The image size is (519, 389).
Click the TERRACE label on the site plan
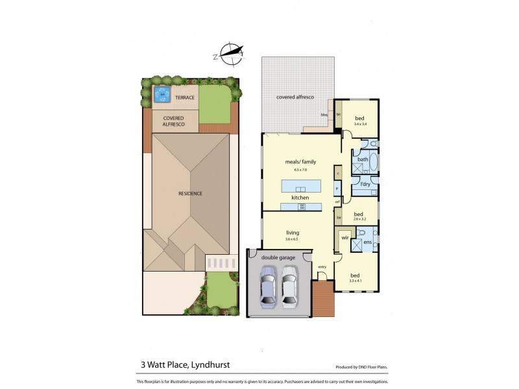click(x=184, y=98)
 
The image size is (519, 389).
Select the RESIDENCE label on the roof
click(x=191, y=193)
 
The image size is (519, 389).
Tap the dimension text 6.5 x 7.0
click(x=300, y=169)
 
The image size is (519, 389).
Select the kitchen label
click(x=300, y=197)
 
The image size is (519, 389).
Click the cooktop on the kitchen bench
click(x=302, y=207)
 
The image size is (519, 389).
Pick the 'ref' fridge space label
click(x=337, y=202)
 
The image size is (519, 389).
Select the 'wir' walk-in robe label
click(x=344, y=238)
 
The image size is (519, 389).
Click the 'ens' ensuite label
click(x=368, y=242)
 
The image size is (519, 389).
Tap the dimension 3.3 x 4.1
click(x=356, y=281)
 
